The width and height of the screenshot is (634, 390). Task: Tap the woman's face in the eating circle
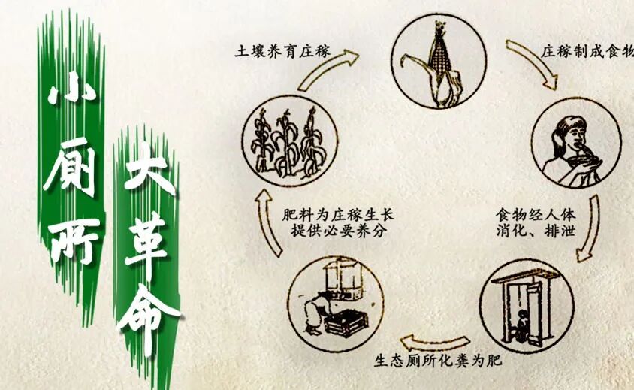pyautogui.click(x=572, y=136)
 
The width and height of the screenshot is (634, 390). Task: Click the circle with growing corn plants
pyautogui.click(x=290, y=140)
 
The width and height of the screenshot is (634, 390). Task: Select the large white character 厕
pyautogui.click(x=71, y=169)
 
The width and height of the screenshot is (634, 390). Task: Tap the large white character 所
pyautogui.click(x=73, y=239)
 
